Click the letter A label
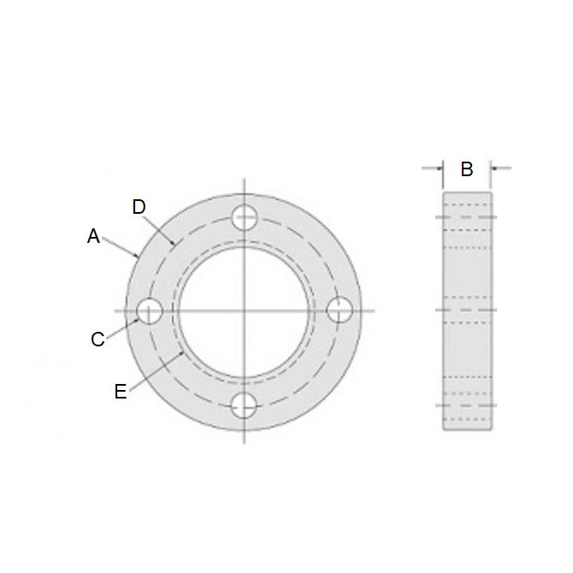94,237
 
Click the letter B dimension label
466,169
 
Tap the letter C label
98,340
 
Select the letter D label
140,207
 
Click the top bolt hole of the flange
245,216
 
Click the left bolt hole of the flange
151,310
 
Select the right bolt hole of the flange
339,310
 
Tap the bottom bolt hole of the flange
245,404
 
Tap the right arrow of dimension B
498,168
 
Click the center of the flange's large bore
245,310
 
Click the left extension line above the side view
443,174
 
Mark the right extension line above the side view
491,174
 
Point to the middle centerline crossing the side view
467,308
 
